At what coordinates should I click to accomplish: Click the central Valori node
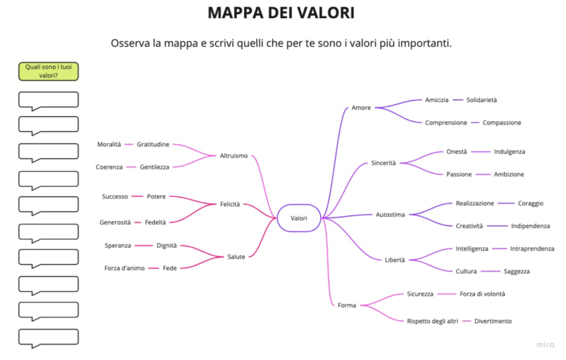tap(299, 218)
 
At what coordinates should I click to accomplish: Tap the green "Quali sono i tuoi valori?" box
tap(49, 71)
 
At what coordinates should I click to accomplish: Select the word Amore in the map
tap(361, 108)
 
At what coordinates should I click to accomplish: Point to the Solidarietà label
tap(481, 100)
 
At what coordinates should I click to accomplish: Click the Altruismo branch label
tap(234, 155)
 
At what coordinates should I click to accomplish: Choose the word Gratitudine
tap(153, 144)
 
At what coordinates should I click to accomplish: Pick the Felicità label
tap(230, 204)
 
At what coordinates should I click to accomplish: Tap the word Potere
tap(156, 196)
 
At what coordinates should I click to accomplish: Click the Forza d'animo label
tap(124, 268)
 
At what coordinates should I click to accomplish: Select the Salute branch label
tap(236, 257)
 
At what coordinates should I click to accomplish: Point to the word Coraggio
tap(530, 204)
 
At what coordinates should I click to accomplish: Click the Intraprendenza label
tap(532, 248)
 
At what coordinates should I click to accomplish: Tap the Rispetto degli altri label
tap(432, 321)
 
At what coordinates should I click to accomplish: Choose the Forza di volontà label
tap(482, 294)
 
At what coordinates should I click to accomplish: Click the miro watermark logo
tap(545, 345)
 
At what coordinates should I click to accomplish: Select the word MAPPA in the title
tap(235, 13)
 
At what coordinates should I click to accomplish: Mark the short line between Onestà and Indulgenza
tap(480, 152)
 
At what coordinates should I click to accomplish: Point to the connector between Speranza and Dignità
tap(144, 246)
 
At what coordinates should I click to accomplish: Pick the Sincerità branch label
tap(384, 163)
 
